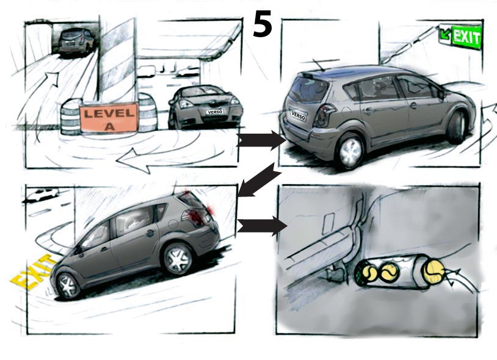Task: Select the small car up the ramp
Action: pyautogui.click(x=77, y=41)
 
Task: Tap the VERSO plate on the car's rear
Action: pyautogui.click(x=298, y=114)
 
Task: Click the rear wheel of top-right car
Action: pyautogui.click(x=350, y=152)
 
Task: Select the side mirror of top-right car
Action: pyautogui.click(x=440, y=94)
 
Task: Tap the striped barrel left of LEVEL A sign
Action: pyautogui.click(x=70, y=117)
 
